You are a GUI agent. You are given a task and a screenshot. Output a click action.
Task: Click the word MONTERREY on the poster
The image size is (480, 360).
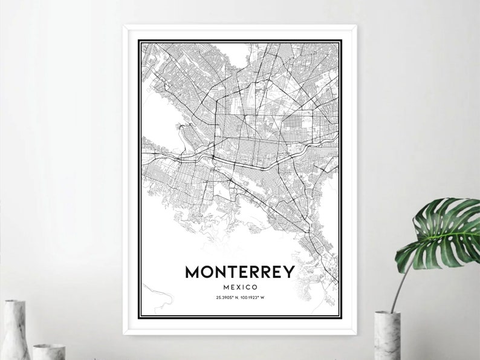(x=239, y=272)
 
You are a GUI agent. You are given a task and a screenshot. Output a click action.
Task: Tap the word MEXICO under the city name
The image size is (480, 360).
(x=239, y=287)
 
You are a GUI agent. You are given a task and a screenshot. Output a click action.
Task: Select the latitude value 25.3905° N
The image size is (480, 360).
(x=227, y=297)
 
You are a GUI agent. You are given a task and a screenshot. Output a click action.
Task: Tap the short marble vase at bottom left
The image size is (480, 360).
(x=48, y=352)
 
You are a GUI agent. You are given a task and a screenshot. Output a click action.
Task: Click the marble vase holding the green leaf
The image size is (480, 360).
(x=387, y=335)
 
